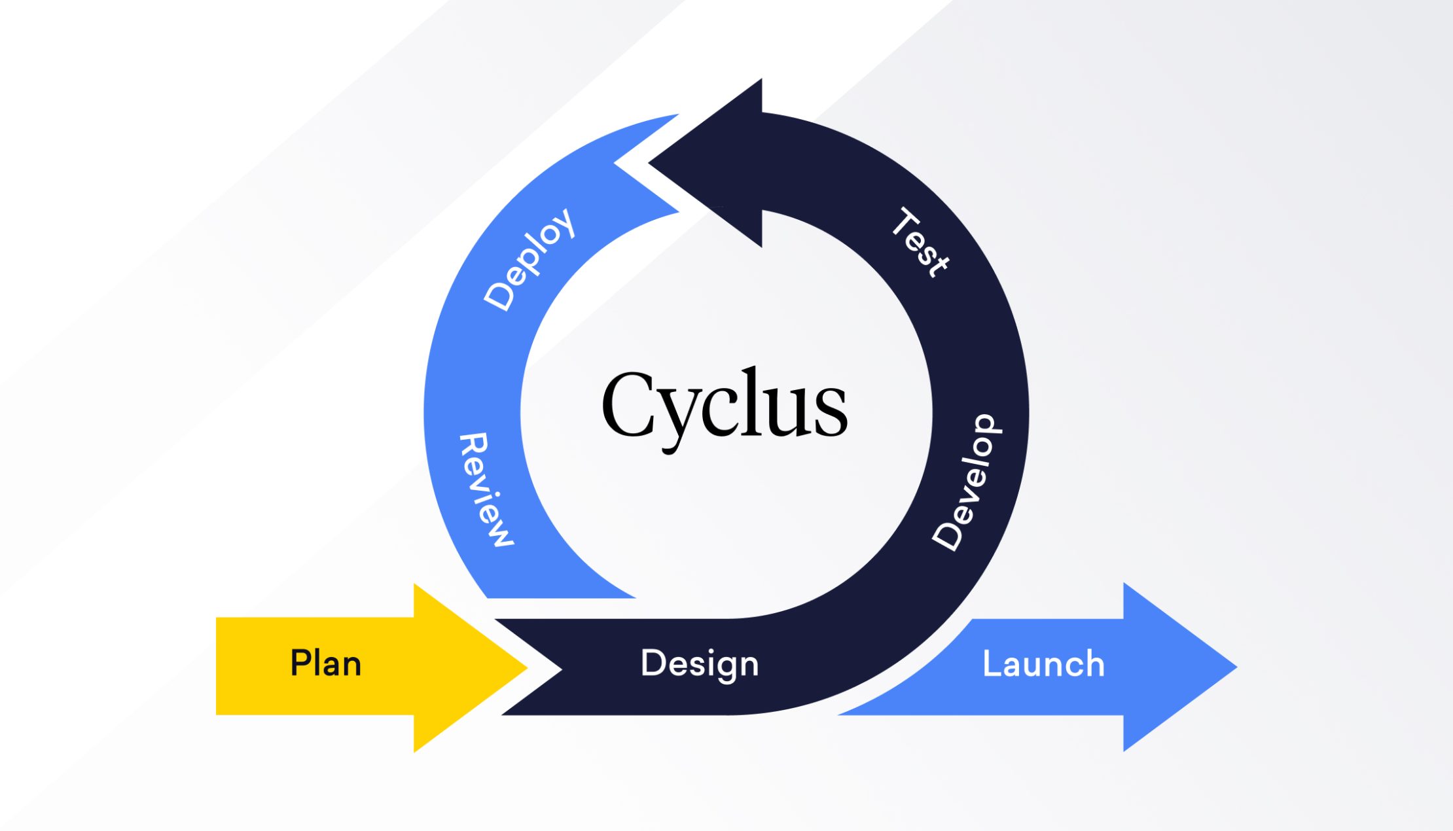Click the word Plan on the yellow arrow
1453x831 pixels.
[x=325, y=663]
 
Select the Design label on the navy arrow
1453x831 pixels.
[x=700, y=664]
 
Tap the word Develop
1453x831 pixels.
[x=967, y=483]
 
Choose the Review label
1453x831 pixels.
[x=486, y=489]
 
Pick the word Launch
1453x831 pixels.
[x=1043, y=664]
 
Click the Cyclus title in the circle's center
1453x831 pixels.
[x=725, y=406]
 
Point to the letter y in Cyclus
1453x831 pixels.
[x=681, y=415]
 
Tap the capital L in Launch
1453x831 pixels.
[x=992, y=663]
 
